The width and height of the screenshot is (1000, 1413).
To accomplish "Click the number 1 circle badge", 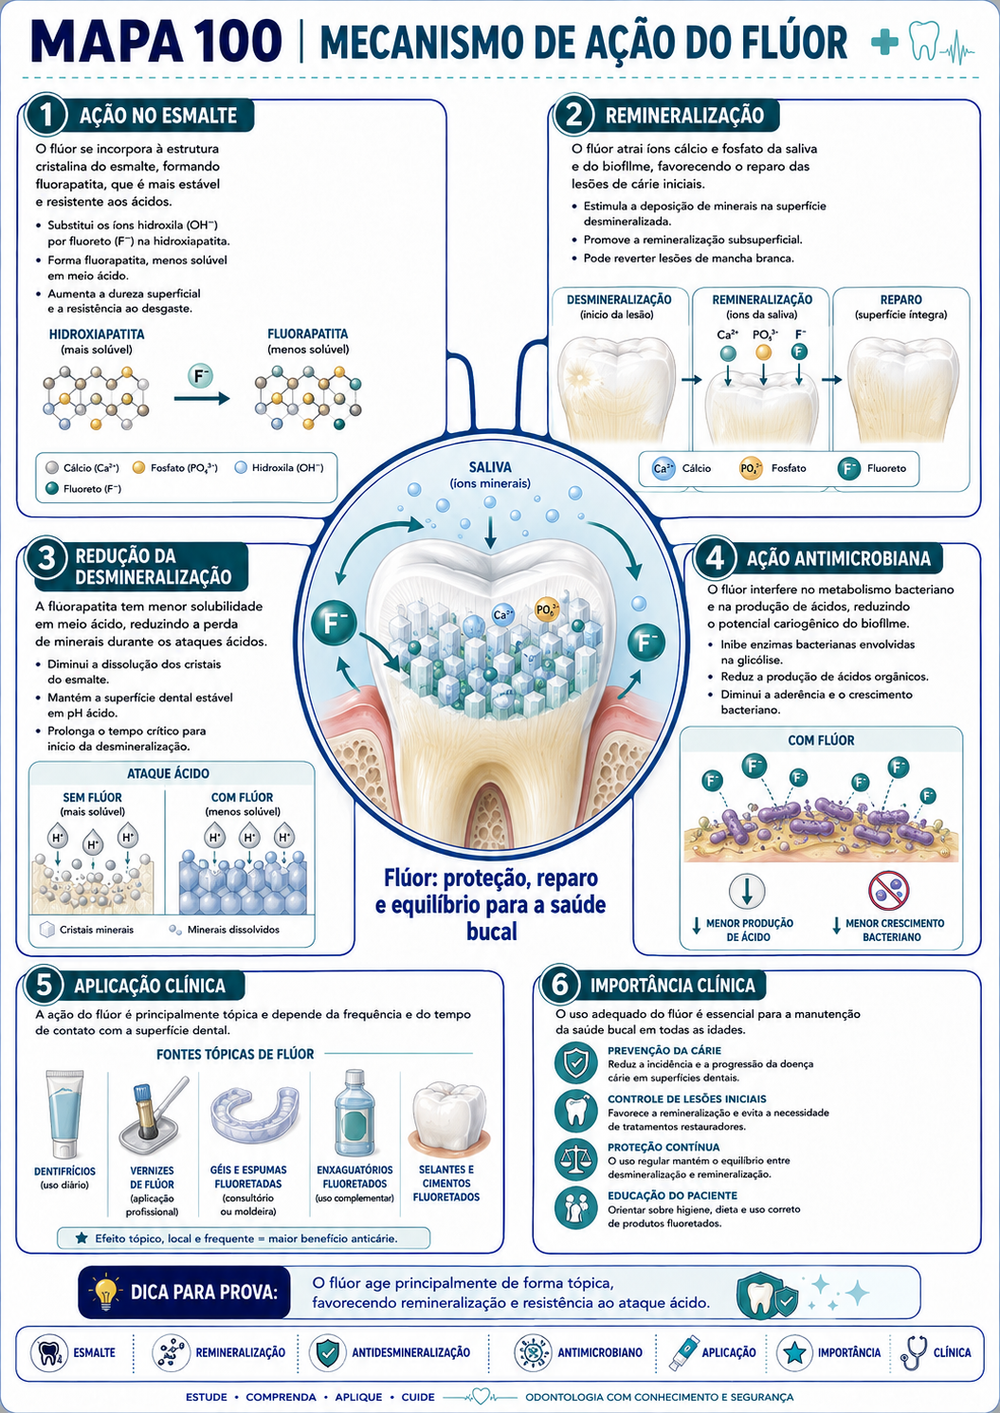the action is click(x=46, y=115).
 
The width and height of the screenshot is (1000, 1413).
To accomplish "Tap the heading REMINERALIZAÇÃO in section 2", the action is click(x=684, y=116).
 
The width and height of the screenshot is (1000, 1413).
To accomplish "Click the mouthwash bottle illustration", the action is click(x=355, y=1114).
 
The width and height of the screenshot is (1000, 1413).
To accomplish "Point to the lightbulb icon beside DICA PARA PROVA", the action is click(x=106, y=1292).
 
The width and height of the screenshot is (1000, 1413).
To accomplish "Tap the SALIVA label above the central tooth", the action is click(x=490, y=467).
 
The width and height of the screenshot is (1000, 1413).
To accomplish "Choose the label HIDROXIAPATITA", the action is click(x=97, y=335).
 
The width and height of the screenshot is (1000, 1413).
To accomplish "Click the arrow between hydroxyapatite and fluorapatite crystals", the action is click(x=202, y=399).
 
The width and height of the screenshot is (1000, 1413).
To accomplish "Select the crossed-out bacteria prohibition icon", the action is click(x=888, y=890).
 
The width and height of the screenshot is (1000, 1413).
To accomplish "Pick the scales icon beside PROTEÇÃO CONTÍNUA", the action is click(x=575, y=1159).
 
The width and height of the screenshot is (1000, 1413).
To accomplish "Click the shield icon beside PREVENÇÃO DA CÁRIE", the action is click(x=575, y=1062).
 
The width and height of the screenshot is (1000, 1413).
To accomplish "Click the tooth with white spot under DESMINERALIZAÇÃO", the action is click(x=616, y=389).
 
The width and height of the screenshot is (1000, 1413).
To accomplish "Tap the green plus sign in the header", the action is click(x=884, y=42).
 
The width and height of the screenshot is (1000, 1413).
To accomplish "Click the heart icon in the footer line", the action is click(x=481, y=1396).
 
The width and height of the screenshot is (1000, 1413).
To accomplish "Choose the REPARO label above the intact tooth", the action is click(x=900, y=299).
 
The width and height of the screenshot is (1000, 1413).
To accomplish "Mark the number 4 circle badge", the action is click(x=714, y=558).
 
